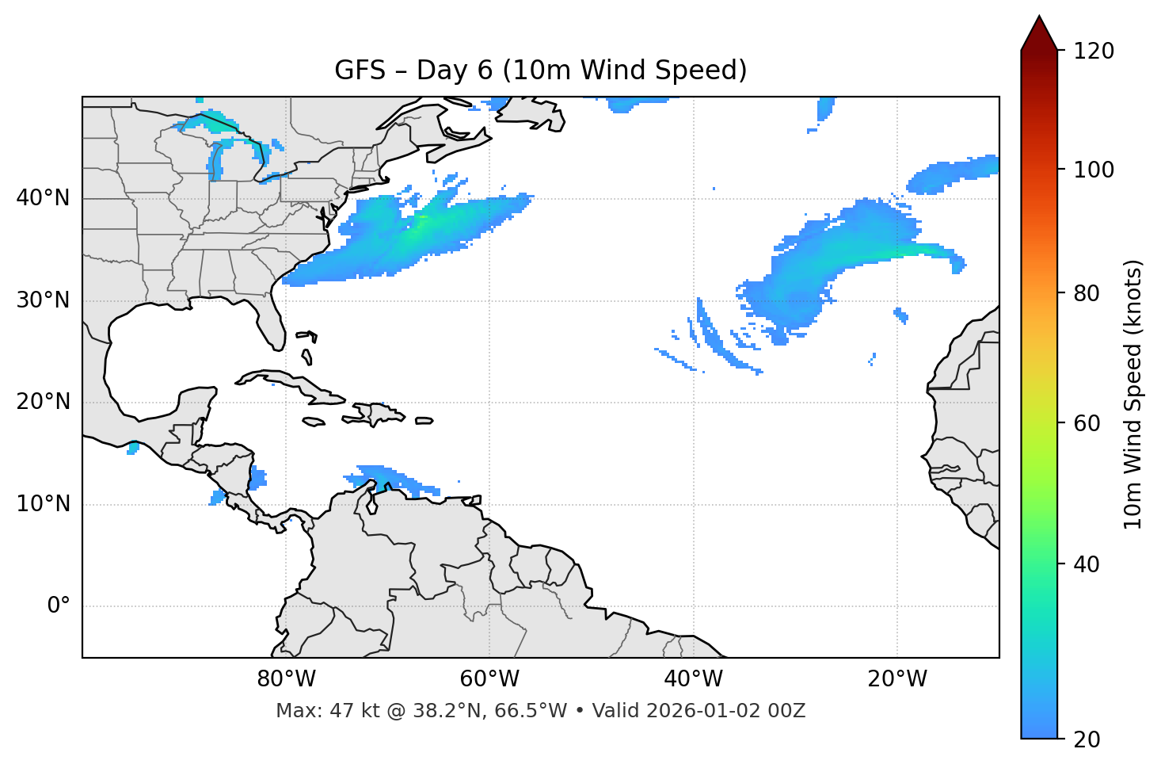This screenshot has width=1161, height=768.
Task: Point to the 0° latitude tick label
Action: click(x=58, y=606)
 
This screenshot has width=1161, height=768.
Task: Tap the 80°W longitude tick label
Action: click(x=286, y=679)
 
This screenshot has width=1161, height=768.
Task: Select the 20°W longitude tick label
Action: click(x=897, y=679)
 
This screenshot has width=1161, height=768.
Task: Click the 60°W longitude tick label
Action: click(x=489, y=679)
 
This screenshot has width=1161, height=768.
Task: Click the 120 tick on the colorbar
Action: click(x=1094, y=52)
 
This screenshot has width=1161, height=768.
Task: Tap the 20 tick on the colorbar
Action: click(x=1088, y=739)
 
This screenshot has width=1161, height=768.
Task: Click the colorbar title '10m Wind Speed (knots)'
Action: click(x=1133, y=394)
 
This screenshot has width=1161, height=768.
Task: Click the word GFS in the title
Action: click(x=360, y=71)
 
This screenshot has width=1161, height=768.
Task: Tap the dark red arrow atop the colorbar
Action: click(x=1039, y=34)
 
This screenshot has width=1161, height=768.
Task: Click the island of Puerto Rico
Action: click(x=424, y=421)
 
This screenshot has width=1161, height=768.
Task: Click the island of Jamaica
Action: click(x=314, y=422)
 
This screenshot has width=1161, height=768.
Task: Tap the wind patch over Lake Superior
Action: click(x=207, y=123)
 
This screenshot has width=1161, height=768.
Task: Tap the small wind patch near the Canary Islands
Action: click(x=901, y=315)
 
